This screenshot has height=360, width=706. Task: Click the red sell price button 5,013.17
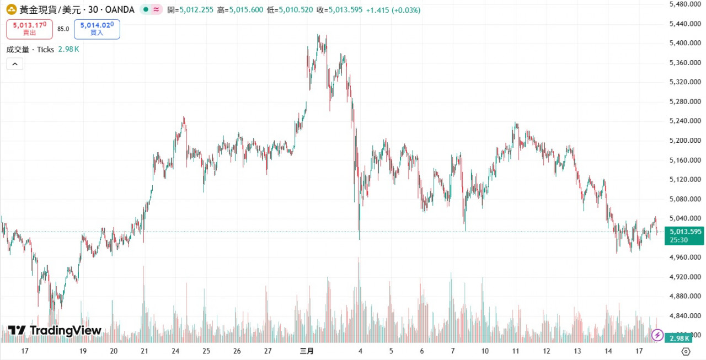click(30, 29)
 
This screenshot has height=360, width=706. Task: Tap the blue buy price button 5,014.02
click(97, 29)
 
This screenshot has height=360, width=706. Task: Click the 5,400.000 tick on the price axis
click(684, 43)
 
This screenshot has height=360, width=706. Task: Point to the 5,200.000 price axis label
click(684, 141)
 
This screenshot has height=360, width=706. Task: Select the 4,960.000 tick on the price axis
click(684, 257)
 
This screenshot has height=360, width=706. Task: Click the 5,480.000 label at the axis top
click(684, 4)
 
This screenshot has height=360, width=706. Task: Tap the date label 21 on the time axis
click(145, 351)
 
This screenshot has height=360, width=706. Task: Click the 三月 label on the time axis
click(307, 351)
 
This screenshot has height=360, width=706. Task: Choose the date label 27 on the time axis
click(268, 351)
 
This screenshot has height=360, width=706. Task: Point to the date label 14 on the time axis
click(608, 351)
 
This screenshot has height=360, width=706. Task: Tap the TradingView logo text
click(65, 331)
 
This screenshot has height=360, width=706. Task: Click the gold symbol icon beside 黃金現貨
click(11, 10)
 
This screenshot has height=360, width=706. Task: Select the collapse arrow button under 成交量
click(14, 64)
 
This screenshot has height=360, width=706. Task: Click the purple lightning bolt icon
click(657, 335)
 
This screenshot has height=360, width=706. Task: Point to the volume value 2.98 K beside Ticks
click(69, 50)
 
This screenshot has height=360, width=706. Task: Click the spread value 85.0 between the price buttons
click(63, 29)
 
